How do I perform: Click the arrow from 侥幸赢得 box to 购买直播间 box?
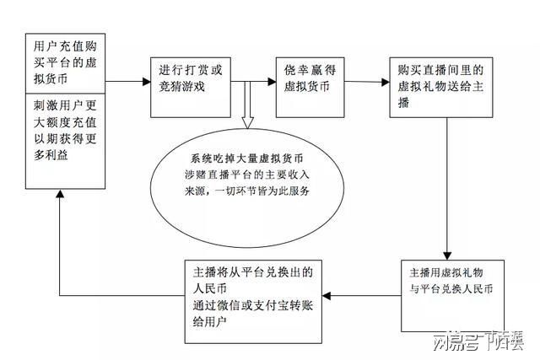pos(363,82)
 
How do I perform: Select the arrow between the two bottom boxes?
pos(363,296)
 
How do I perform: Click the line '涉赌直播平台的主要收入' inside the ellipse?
pos(246,175)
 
